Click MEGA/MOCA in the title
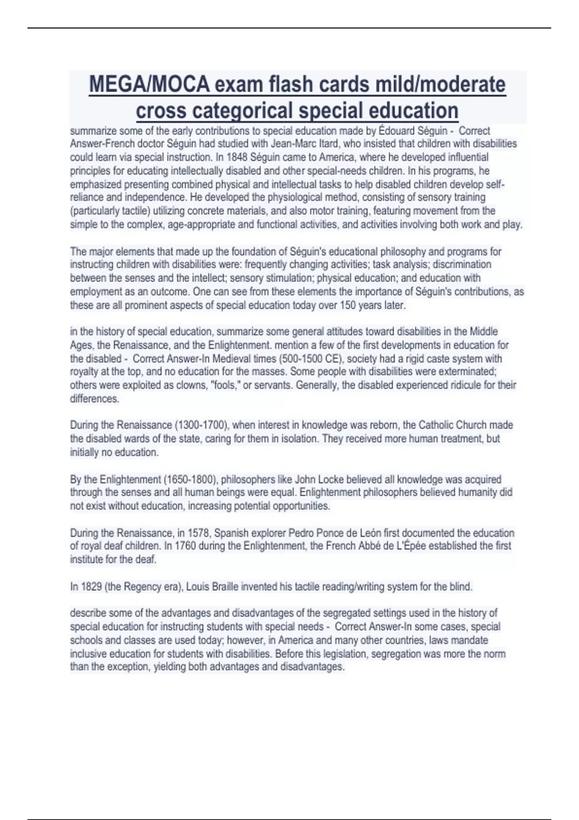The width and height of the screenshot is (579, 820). click(149, 85)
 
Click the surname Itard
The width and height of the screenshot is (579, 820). click(329, 144)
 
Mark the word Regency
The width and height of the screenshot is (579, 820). click(141, 587)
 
